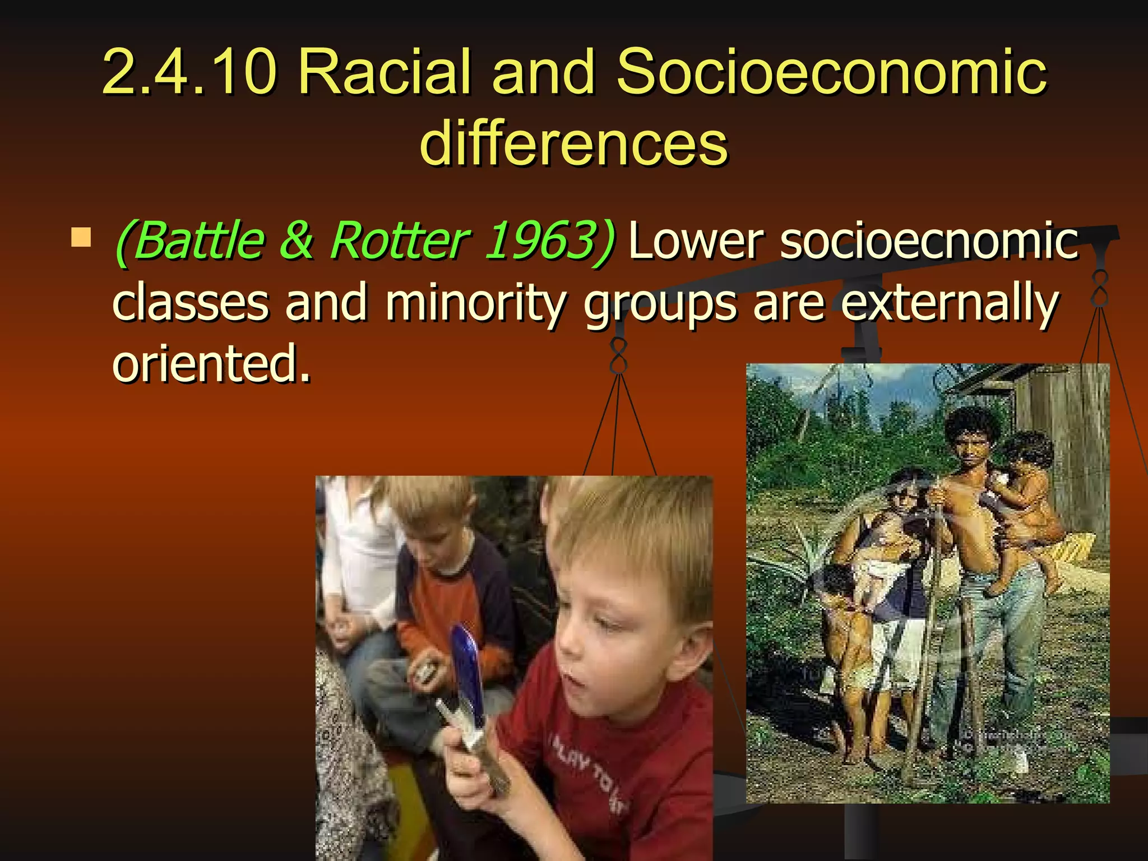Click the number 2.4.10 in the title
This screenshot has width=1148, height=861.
pyautogui.click(x=189, y=72)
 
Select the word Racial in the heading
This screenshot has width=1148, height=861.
pyautogui.click(x=385, y=72)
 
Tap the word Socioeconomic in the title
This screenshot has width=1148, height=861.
pyautogui.click(x=831, y=72)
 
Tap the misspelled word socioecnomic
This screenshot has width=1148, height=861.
pyautogui.click(x=929, y=241)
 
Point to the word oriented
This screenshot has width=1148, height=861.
pyautogui.click(x=211, y=364)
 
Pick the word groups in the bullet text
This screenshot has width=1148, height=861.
pyautogui.click(x=660, y=305)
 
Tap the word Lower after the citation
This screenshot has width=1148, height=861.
pyautogui.click(x=695, y=241)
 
